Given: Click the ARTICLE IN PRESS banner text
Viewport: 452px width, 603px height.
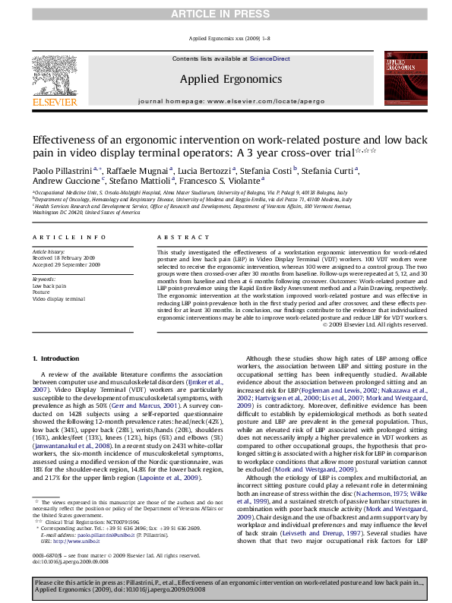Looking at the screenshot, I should [x=226, y=14].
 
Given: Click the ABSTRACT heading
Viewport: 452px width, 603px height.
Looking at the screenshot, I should [x=175, y=238].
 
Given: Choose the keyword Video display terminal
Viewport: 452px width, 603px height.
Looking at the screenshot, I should [x=58, y=298].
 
